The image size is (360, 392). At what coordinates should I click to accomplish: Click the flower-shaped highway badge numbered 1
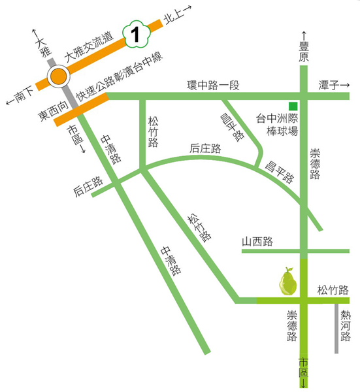[136, 34]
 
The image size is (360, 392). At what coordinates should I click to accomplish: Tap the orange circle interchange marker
[59, 76]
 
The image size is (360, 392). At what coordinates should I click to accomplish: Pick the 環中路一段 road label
[212, 86]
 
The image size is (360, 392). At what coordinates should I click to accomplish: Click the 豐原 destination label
[303, 52]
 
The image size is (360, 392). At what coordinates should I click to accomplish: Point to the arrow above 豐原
[303, 35]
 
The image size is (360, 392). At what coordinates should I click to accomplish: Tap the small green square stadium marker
[294, 106]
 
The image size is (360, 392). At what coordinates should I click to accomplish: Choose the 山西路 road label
[257, 242]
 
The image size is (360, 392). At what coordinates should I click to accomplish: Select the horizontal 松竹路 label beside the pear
[333, 289]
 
